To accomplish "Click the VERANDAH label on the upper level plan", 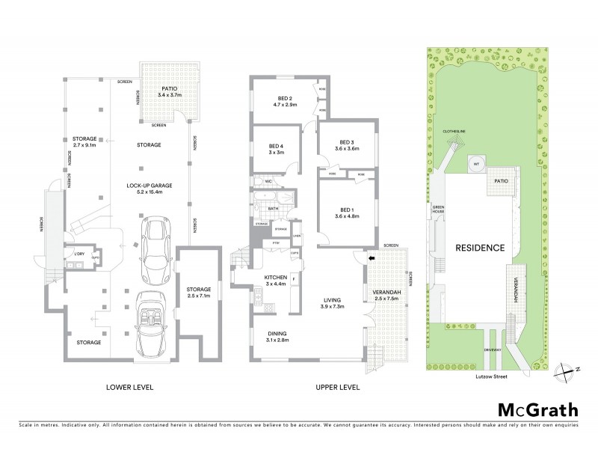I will (388, 294).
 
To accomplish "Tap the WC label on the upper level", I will (267, 181).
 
